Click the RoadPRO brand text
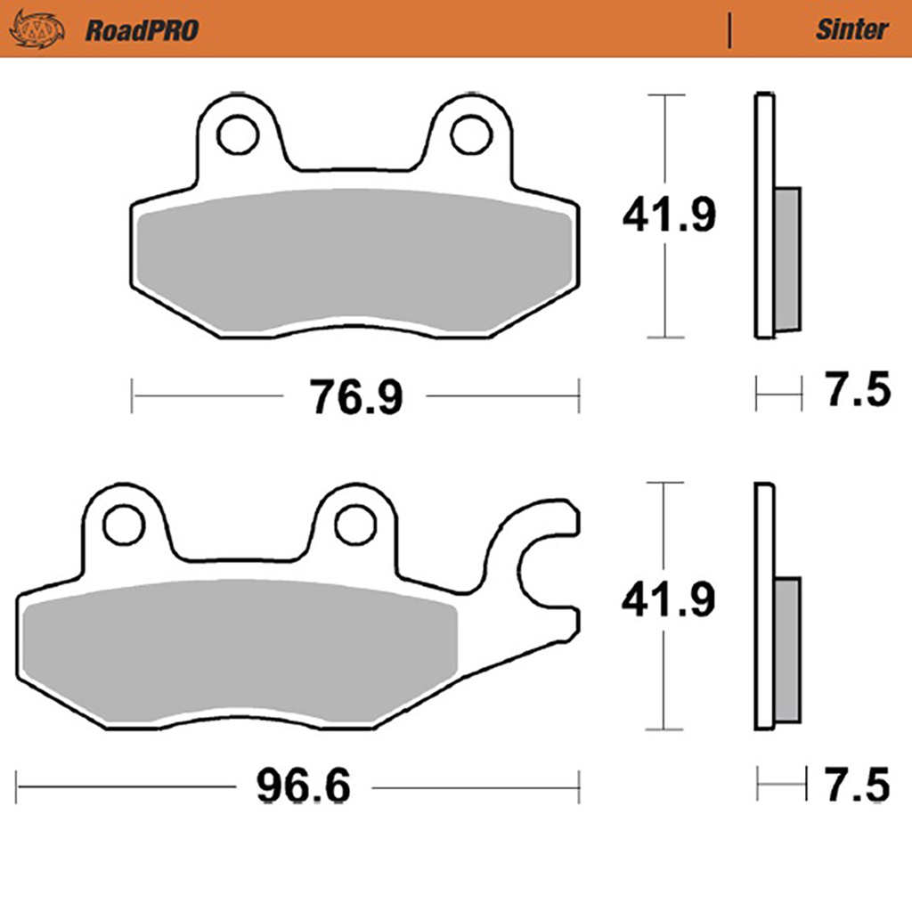[142, 30]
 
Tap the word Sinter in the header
[851, 29]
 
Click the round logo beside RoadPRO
[37, 30]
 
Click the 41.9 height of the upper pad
[667, 216]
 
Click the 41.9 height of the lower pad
[667, 602]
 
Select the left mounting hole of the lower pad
[123, 525]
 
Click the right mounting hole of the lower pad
[354, 525]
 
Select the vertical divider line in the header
[730, 30]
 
